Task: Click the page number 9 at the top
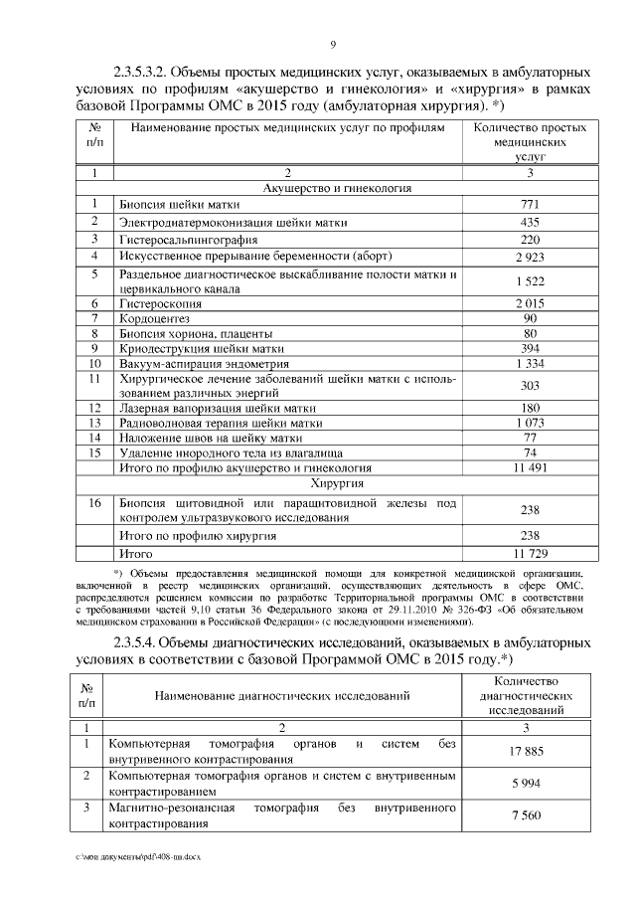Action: pos(333,43)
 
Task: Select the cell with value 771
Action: pos(530,204)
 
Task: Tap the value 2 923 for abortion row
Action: pos(530,257)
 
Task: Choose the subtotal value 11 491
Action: pos(530,465)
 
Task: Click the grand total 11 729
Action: pos(530,551)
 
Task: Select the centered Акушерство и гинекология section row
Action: pos(338,188)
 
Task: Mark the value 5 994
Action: pos(525,783)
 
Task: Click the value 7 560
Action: pos(525,815)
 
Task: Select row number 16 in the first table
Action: pos(95,504)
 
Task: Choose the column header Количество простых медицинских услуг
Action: pos(530,142)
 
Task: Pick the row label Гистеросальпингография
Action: pos(189,240)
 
